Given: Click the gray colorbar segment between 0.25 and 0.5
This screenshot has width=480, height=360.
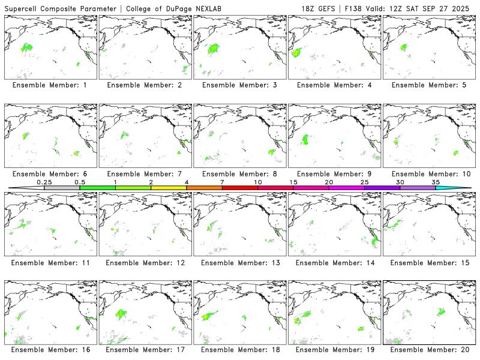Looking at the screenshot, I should (62, 188).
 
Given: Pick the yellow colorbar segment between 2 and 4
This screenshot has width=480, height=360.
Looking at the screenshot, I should (169, 188).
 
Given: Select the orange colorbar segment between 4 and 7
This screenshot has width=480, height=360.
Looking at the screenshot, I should (204, 188).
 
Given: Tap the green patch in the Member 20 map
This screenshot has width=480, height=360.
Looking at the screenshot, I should (442, 311).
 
